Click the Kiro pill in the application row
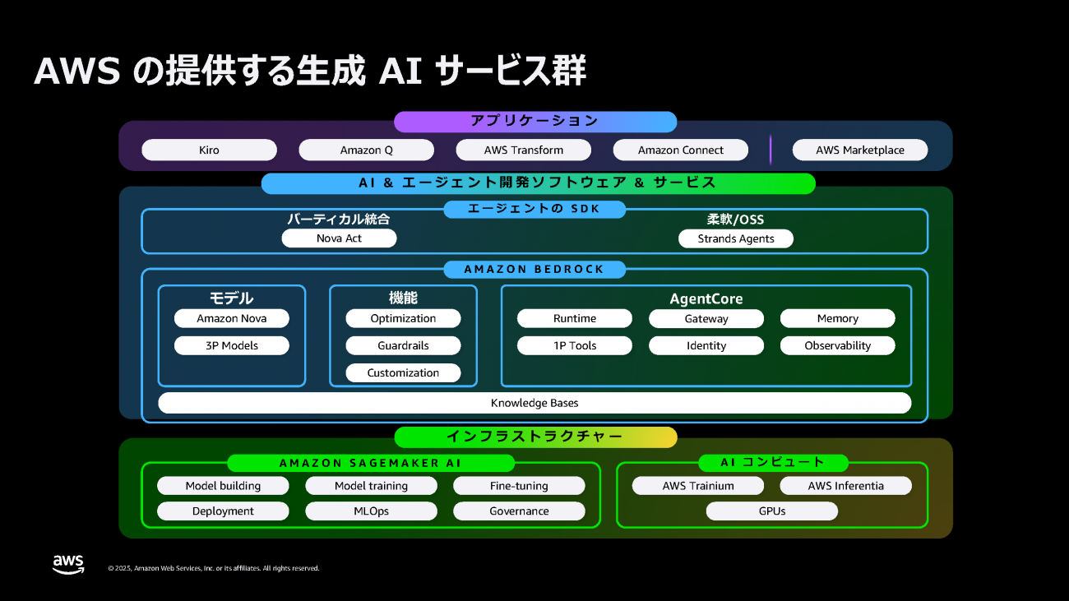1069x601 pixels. (209, 150)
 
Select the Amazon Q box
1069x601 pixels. (366, 150)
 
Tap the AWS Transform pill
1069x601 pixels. (524, 150)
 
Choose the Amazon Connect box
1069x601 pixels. (681, 150)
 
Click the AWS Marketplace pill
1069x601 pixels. (860, 150)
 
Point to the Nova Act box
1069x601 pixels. (339, 238)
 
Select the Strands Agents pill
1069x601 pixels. (736, 238)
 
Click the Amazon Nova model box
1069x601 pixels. (231, 318)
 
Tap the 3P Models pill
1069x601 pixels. (231, 345)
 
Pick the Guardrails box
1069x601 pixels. (403, 345)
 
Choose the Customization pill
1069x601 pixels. (403, 372)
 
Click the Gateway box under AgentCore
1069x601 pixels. (706, 318)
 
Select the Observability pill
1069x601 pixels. (837, 345)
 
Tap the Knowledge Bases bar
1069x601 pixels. (534, 403)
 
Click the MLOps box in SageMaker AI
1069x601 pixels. (371, 511)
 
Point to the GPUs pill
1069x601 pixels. (771, 511)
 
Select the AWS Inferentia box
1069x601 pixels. (845, 485)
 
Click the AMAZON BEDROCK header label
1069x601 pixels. (534, 269)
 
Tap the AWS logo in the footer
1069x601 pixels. (68, 564)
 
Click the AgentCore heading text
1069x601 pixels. (706, 298)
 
